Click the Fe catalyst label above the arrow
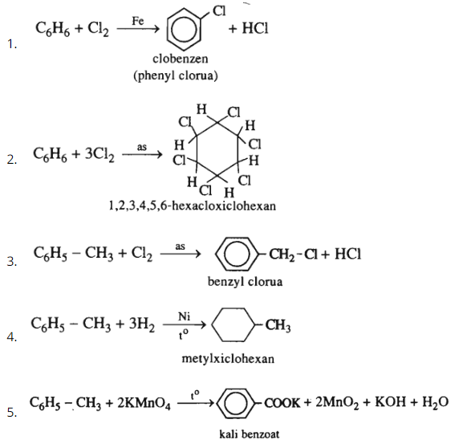tap(137, 21)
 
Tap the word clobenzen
tap(181, 59)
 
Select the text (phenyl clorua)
tap(176, 75)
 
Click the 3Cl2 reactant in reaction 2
tap(100, 154)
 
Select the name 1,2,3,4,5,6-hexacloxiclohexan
tap(192, 206)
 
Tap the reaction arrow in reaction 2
tap(142, 154)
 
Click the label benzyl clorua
tap(245, 282)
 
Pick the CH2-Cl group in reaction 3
tap(294, 255)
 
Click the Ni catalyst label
tap(184, 316)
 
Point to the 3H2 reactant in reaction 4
tap(142, 324)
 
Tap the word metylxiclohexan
tap(228, 359)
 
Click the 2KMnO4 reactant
tap(144, 403)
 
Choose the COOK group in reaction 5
tap(282, 403)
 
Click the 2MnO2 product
tap(337, 403)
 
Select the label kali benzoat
tap(250, 434)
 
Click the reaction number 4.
tap(11, 337)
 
